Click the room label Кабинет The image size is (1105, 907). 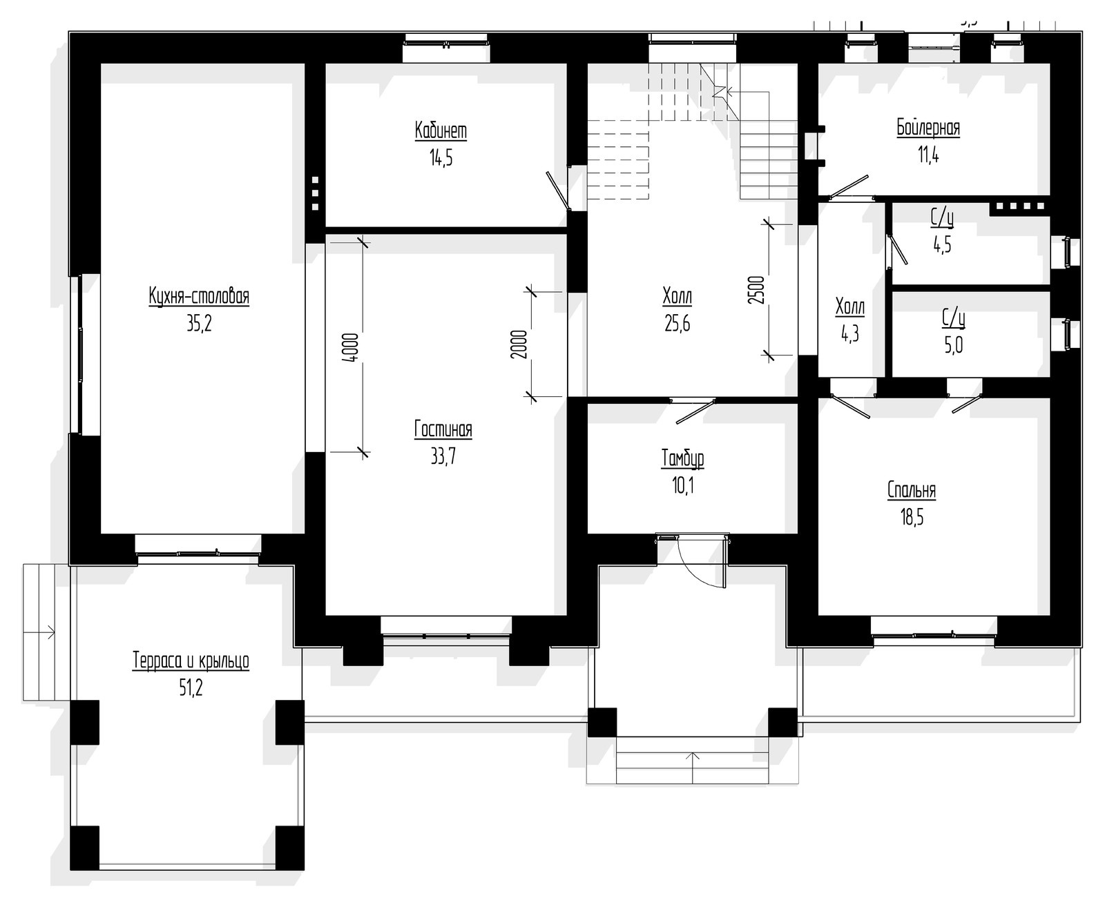coord(441,131)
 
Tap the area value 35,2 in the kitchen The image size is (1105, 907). coord(199,324)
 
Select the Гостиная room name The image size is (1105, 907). coord(443,429)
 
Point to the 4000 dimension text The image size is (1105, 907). coord(352,348)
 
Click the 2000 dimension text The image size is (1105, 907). coord(518,344)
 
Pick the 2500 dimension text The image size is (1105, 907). coord(756,290)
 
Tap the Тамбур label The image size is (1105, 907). coord(683,459)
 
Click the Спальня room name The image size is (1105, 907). coord(912,490)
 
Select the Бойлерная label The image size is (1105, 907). coord(928,128)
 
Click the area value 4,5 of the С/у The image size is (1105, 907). coord(942,244)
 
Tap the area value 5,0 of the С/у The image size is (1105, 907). coord(954,345)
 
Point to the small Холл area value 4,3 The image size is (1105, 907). coord(850,334)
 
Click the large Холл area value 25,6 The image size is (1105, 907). coord(678,324)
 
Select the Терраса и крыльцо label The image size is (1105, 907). coord(191,661)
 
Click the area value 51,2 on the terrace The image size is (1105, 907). coord(191,688)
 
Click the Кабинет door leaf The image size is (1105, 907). coord(558,191)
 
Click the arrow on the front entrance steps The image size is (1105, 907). coord(693,767)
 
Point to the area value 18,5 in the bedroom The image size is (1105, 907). coord(912,518)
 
